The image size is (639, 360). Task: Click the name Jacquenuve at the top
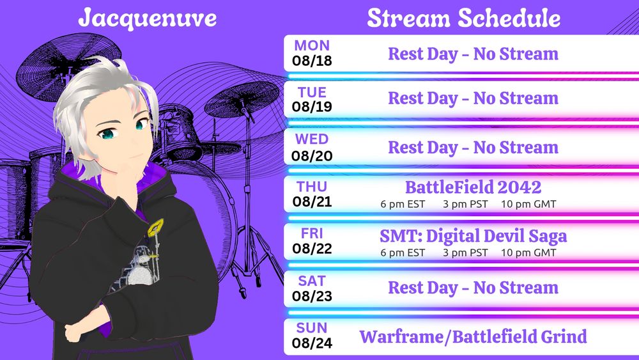click(148, 19)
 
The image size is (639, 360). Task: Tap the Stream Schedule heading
click(463, 19)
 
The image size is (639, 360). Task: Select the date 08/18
click(312, 61)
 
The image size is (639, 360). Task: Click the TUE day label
click(312, 92)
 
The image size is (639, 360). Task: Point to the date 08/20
click(312, 156)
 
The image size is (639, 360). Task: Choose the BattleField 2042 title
click(473, 187)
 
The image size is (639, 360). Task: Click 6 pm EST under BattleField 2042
click(403, 204)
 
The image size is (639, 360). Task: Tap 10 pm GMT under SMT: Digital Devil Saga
click(528, 253)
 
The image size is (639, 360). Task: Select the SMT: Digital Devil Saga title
click(473, 236)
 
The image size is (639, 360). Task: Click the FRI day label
click(312, 233)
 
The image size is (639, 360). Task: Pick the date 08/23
click(312, 296)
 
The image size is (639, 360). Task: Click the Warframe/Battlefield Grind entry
click(473, 337)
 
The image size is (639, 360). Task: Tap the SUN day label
click(312, 328)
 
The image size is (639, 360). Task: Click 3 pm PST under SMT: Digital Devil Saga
click(465, 253)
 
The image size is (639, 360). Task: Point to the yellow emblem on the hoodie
click(155, 228)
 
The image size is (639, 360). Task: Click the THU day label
click(312, 186)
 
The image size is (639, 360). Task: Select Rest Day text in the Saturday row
click(423, 288)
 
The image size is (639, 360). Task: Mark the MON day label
click(312, 45)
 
